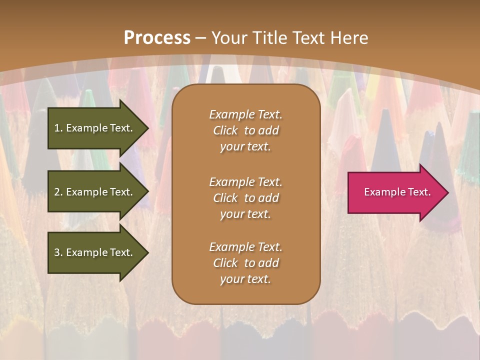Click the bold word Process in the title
(x=157, y=38)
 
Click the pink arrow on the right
(x=395, y=192)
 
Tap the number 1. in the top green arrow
(x=58, y=128)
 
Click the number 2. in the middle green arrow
(x=58, y=192)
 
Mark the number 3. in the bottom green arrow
(x=58, y=252)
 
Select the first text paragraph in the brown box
(x=245, y=130)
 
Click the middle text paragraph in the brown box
(x=245, y=198)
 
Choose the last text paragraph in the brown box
(x=245, y=263)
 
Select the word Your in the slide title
(x=229, y=38)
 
